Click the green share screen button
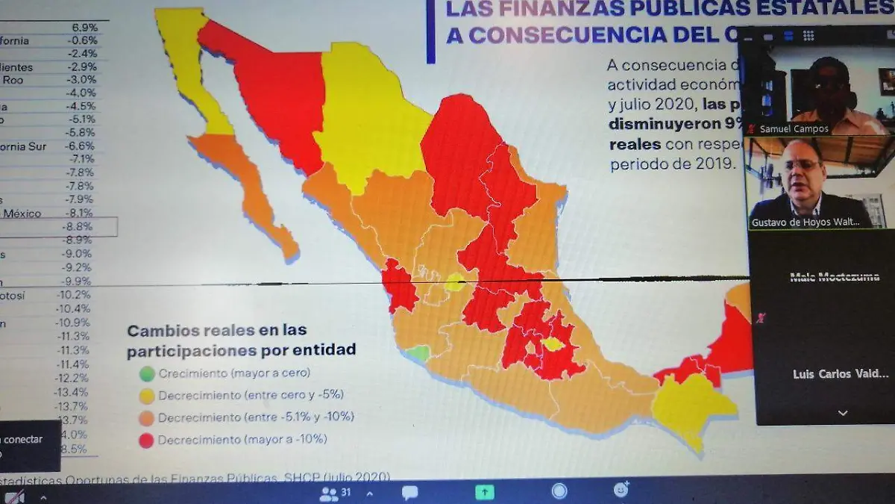485,492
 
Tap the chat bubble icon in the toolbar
409,492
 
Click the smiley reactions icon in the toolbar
621,490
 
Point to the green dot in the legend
147,373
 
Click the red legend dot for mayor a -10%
146,441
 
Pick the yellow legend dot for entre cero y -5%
147,396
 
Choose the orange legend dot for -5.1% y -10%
147,418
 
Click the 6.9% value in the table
84,27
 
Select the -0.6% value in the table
82,40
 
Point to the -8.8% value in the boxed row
78,226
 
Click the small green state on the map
418,353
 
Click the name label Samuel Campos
794,129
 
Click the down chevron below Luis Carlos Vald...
843,412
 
